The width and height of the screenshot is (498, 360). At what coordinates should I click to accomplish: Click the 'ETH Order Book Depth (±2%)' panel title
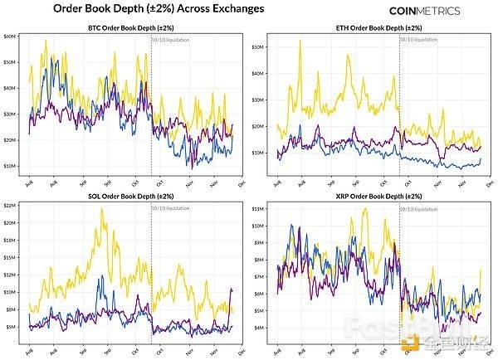pos(380,30)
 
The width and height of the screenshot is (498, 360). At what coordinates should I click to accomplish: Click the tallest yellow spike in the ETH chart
pos(300,41)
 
